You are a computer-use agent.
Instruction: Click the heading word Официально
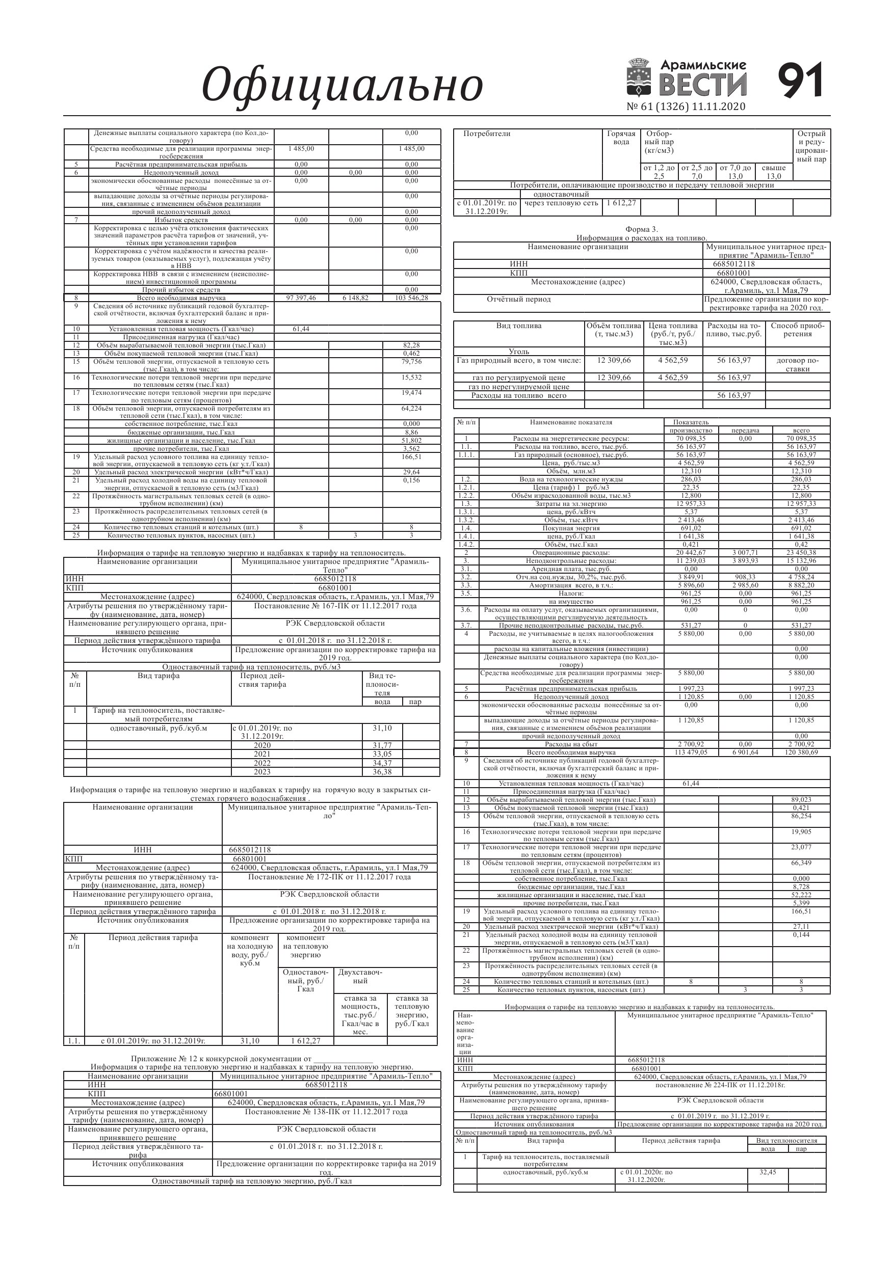(x=341, y=84)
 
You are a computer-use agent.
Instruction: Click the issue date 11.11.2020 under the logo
(x=719, y=107)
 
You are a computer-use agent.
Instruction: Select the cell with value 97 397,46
(x=301, y=298)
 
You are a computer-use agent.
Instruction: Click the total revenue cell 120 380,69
(x=801, y=752)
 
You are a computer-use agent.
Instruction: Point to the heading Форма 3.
(x=641, y=230)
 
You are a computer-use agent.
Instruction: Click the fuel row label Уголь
(x=519, y=351)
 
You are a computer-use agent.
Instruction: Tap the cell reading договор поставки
(x=797, y=364)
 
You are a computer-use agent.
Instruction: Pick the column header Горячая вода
(x=621, y=138)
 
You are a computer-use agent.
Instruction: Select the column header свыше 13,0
(x=773, y=172)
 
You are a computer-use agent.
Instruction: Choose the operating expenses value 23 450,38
(x=801, y=553)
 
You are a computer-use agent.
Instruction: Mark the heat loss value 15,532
(x=411, y=378)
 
